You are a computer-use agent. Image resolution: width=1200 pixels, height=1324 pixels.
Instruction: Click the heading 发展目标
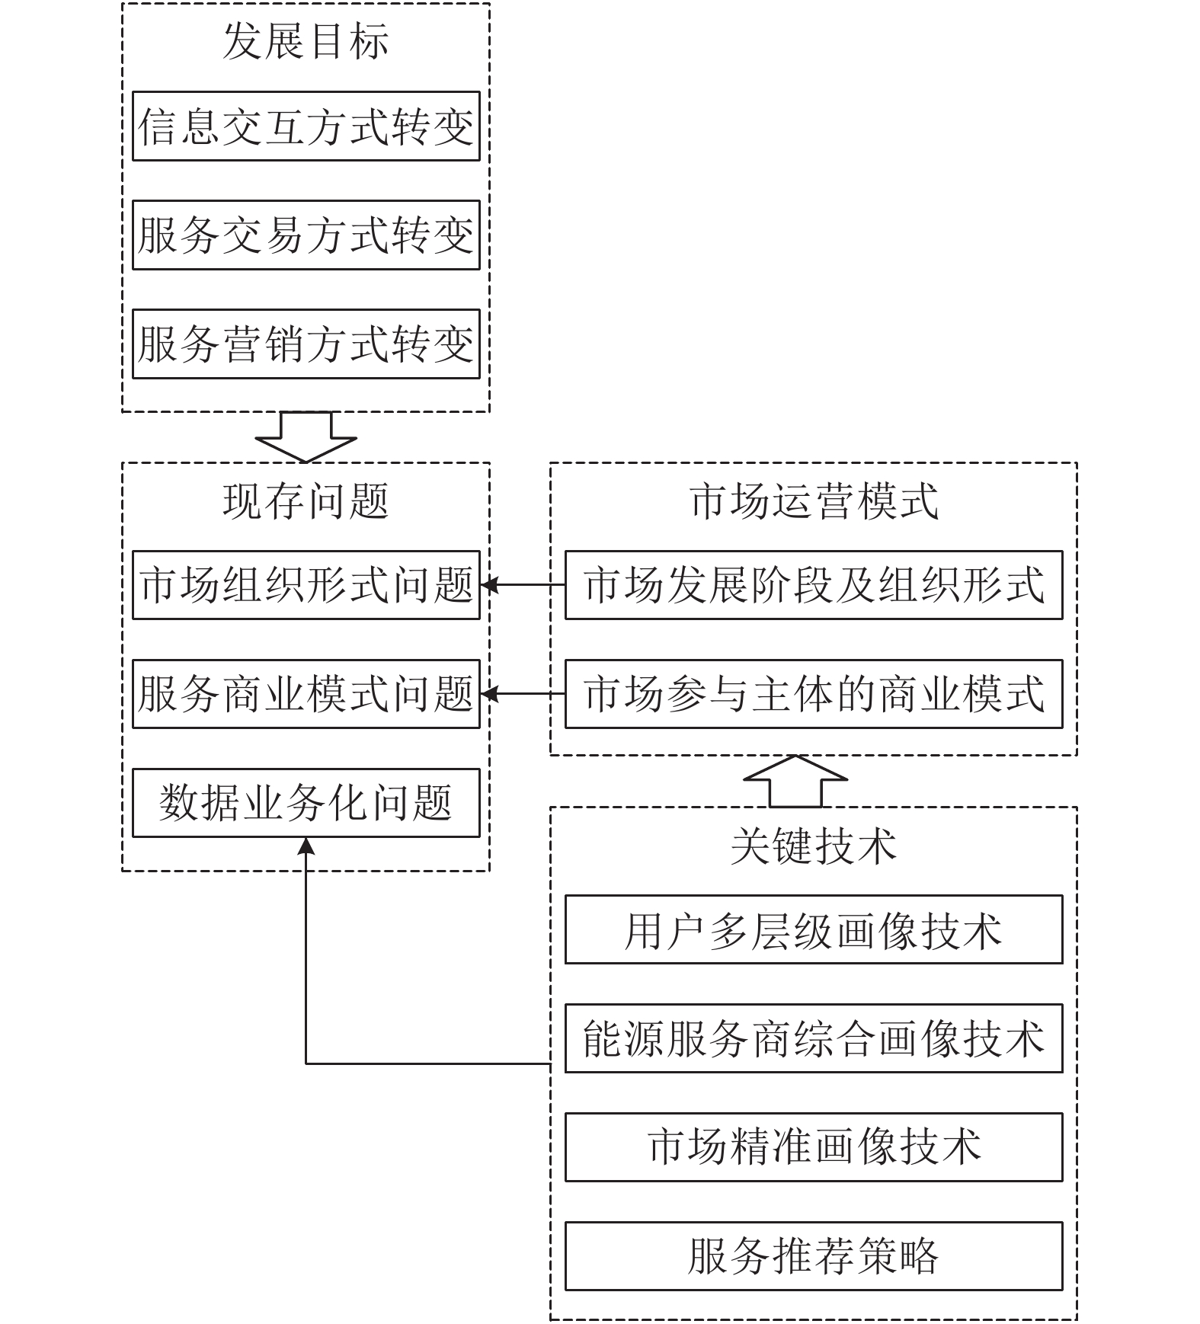(x=306, y=42)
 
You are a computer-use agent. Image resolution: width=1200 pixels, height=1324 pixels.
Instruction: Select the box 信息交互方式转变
(x=306, y=126)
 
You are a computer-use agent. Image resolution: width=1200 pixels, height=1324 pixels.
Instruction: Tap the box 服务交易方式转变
(x=306, y=235)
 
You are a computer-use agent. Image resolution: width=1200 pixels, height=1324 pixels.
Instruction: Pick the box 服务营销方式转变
(x=306, y=344)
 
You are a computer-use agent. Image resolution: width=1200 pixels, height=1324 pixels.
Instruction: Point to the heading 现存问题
(x=306, y=502)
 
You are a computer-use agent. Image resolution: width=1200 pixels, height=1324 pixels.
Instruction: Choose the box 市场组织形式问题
(x=306, y=585)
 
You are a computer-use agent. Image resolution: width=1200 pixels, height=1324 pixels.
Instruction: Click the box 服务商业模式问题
(x=306, y=694)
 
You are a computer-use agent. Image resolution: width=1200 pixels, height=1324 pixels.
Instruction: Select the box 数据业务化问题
(x=306, y=803)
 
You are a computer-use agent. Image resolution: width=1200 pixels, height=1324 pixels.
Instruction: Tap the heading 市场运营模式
(x=813, y=502)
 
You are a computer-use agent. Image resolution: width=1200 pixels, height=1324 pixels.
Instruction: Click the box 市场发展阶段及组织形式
(x=813, y=585)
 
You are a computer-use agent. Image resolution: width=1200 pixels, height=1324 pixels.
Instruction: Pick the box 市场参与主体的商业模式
(x=813, y=694)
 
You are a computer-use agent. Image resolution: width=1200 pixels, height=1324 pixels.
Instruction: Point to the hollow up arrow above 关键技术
(x=795, y=781)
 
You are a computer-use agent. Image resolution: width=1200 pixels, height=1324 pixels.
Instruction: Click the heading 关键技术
(x=813, y=846)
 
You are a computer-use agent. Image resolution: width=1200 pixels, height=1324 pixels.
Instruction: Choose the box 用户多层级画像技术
(x=813, y=929)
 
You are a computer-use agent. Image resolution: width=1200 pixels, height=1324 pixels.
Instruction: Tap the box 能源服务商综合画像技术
(x=813, y=1038)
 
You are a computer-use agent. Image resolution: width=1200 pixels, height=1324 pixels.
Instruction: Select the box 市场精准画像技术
(x=813, y=1147)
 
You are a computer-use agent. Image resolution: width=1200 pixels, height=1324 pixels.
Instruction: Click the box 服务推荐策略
(x=813, y=1256)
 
